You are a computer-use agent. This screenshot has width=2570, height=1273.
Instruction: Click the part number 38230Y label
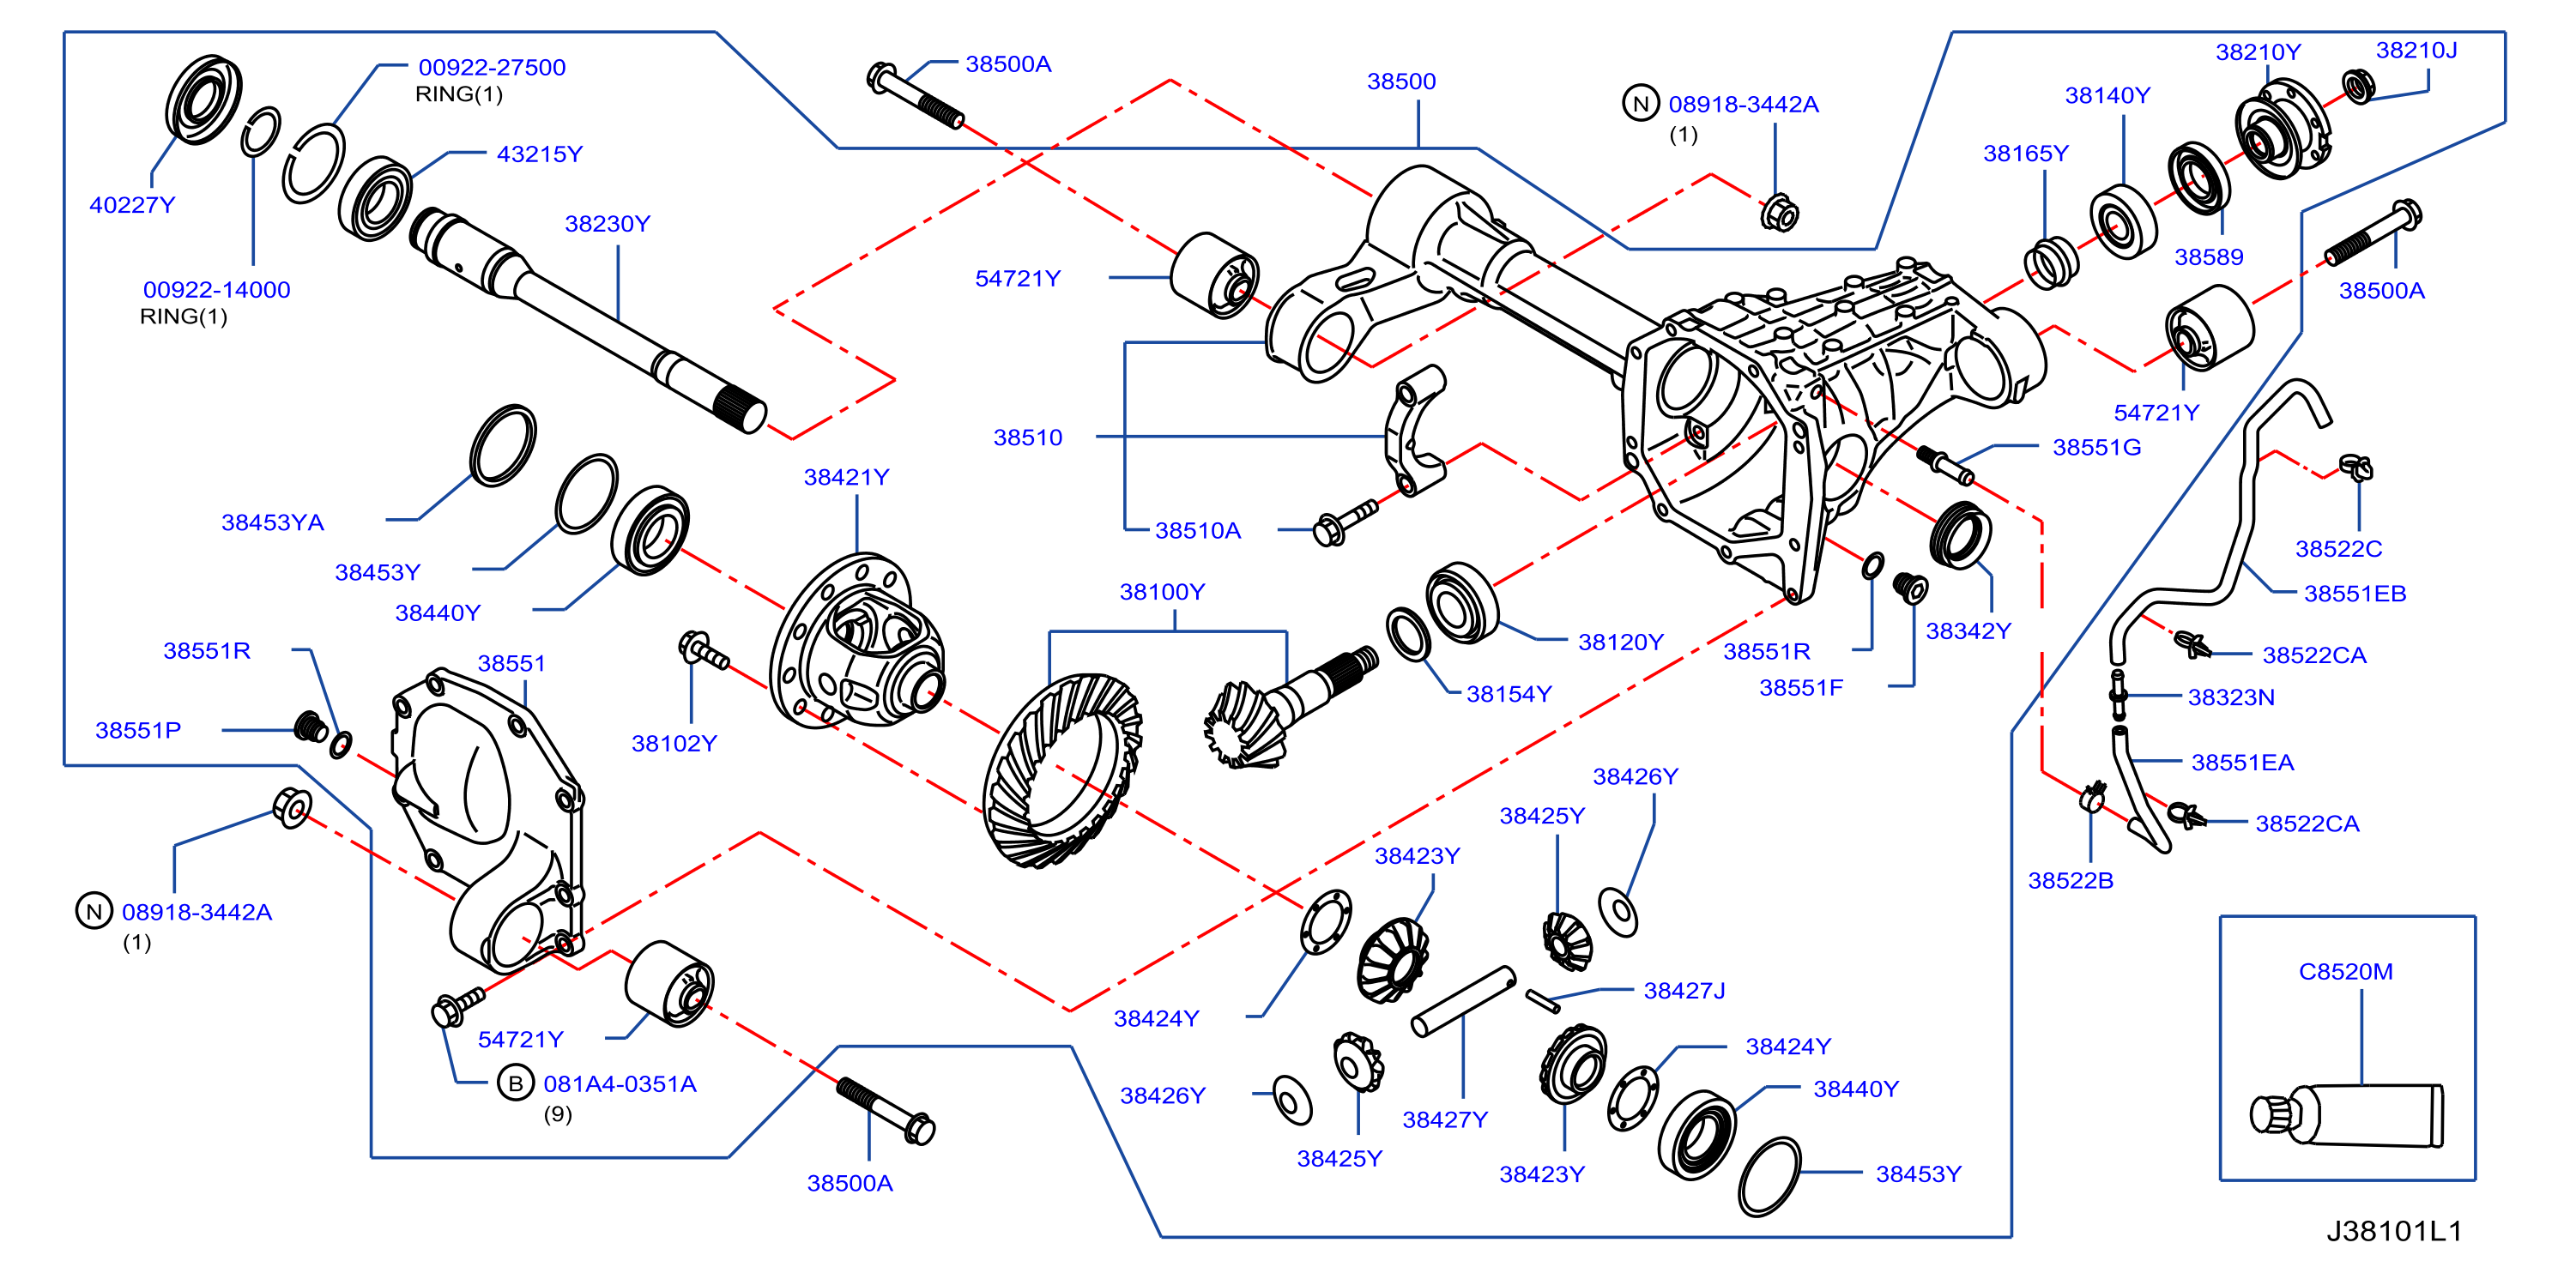(x=607, y=224)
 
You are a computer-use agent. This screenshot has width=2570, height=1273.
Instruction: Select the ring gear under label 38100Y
(x=1061, y=770)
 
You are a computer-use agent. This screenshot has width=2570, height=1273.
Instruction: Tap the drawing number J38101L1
(x=2394, y=1231)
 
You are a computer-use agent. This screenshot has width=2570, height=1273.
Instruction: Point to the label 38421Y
(x=846, y=477)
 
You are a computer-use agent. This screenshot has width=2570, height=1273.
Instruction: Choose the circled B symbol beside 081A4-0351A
(x=516, y=1083)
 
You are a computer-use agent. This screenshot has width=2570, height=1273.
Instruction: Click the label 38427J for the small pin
(x=1684, y=991)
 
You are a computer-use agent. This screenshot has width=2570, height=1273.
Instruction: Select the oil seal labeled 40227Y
(x=203, y=99)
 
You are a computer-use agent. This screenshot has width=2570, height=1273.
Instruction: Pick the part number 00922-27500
(x=492, y=67)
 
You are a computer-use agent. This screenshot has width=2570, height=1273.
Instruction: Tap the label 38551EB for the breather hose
(x=2355, y=594)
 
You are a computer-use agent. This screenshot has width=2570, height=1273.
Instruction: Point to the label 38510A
(x=1197, y=531)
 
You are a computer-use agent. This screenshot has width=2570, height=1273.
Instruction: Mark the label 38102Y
(x=674, y=743)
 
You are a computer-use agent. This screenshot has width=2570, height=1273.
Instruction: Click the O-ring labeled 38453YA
(x=503, y=445)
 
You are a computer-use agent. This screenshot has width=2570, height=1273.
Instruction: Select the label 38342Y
(x=1968, y=630)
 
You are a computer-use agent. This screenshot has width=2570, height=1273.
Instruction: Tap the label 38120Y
(x=1620, y=642)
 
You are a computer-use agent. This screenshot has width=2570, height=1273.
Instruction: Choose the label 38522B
(x=2071, y=880)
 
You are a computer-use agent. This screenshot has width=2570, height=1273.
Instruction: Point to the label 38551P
(x=137, y=729)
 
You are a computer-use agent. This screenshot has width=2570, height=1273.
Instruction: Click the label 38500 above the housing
(x=1400, y=81)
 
